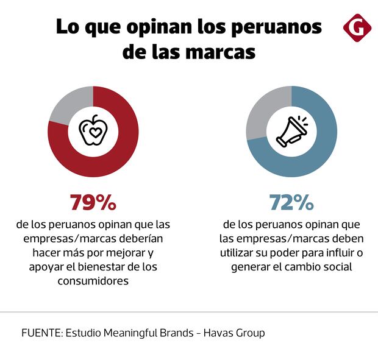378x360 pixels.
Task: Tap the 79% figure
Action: (x=93, y=202)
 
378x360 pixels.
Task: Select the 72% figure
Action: (x=291, y=202)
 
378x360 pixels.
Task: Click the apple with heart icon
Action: (x=93, y=132)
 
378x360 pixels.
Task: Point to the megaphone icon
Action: (x=291, y=132)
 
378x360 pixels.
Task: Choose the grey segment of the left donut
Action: (x=67, y=104)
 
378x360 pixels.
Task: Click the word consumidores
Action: (x=93, y=281)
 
